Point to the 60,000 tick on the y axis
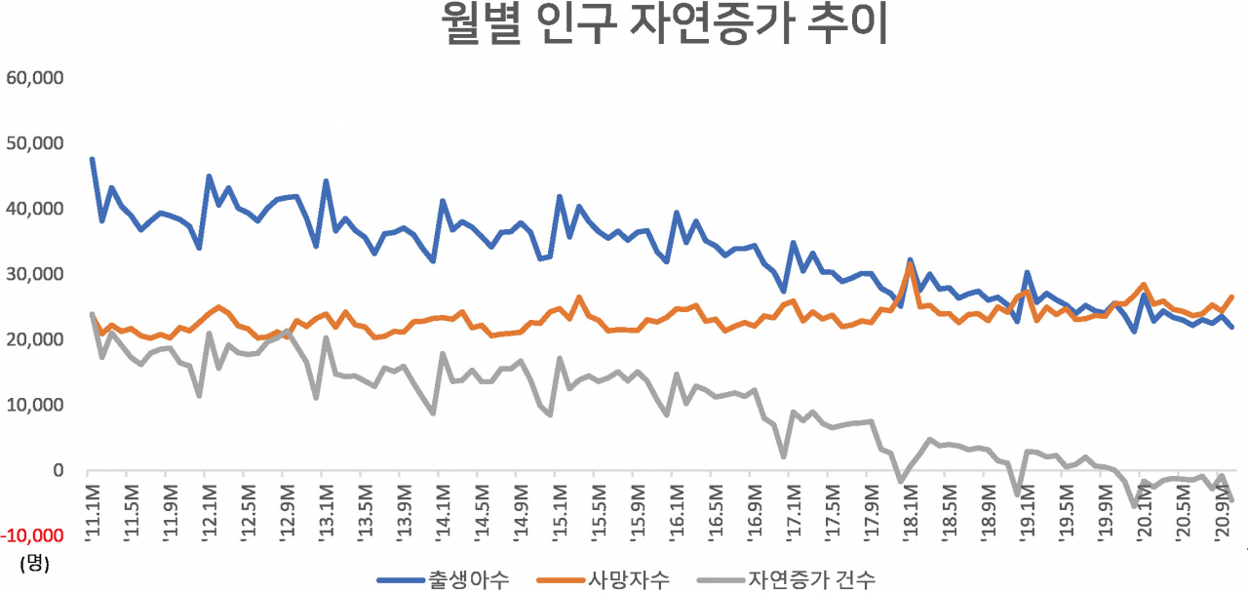point(34,78)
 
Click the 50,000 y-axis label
point(34,143)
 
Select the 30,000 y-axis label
point(34,274)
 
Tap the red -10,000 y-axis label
point(32,535)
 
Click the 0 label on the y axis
point(58,470)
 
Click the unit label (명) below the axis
point(34,563)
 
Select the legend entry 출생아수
point(444,580)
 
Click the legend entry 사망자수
point(604,580)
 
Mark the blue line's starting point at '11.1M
point(93,159)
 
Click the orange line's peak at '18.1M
point(911,263)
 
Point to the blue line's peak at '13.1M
point(326,181)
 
